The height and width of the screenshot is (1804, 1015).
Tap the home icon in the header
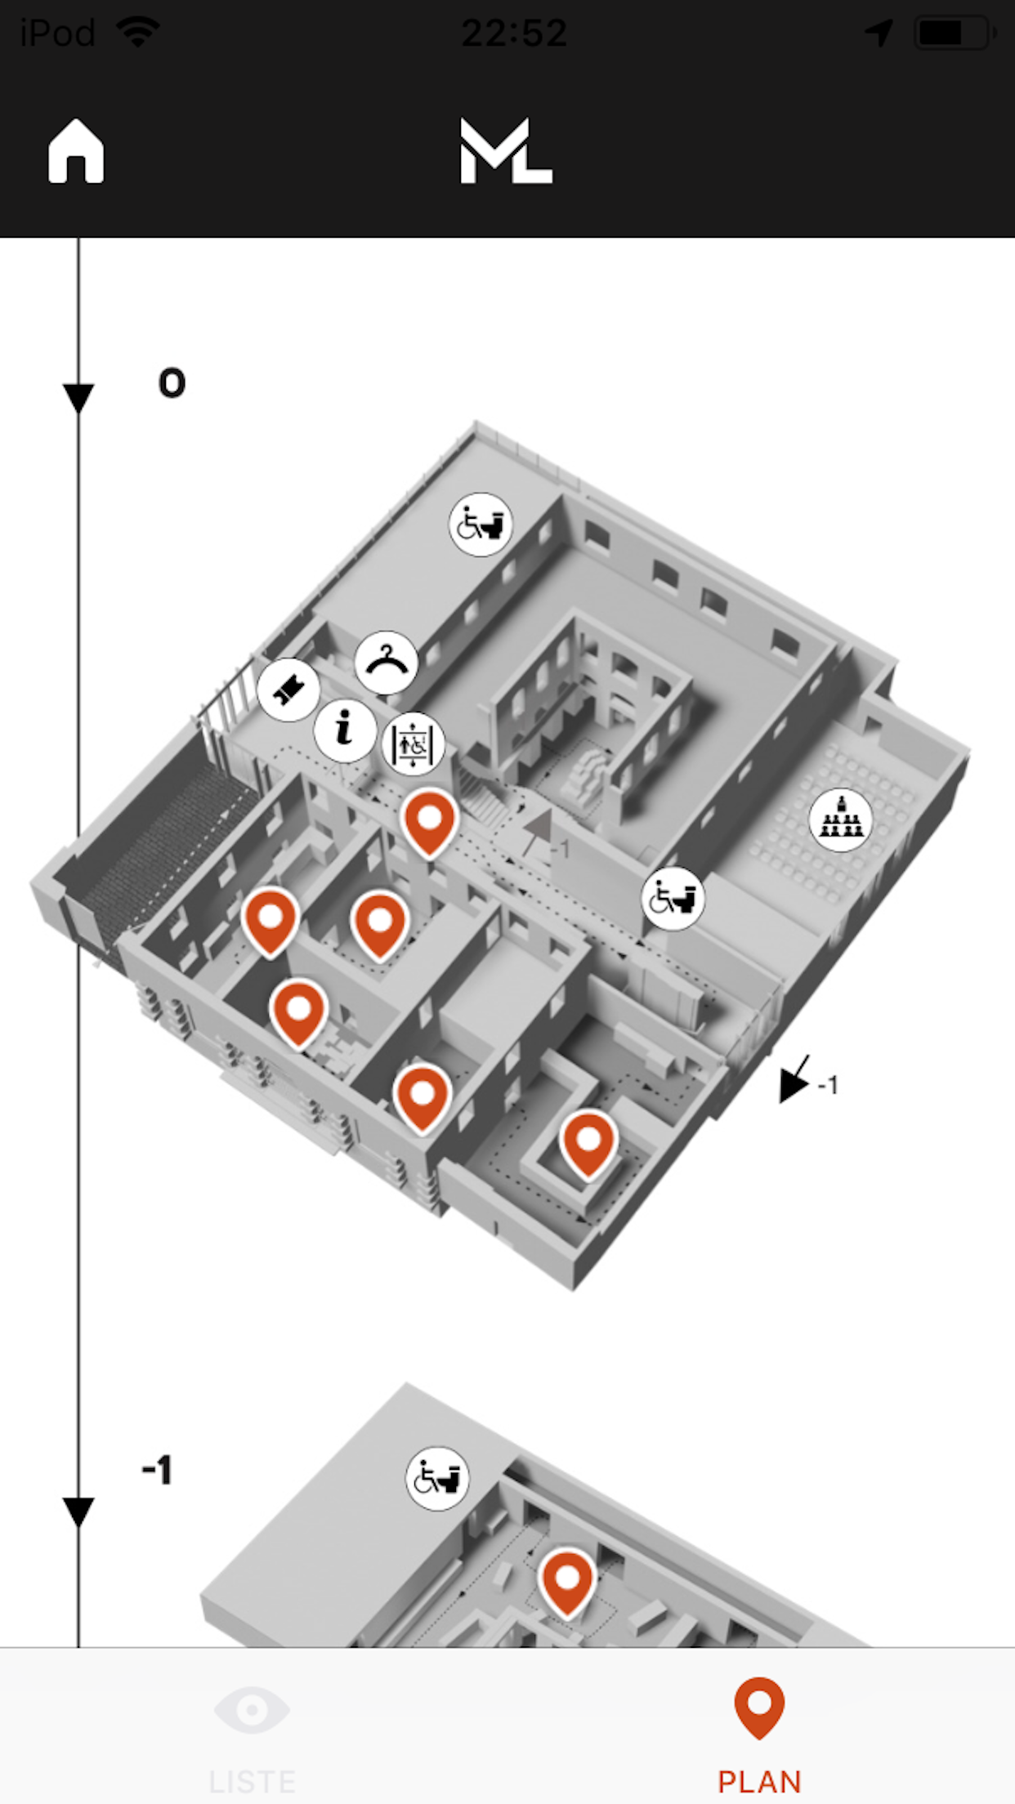pos(76,152)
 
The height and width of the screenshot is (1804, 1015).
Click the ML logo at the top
pos(506,151)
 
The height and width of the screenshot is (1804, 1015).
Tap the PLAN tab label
pos(759,1781)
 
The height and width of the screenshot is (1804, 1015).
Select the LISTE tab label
pos(252,1781)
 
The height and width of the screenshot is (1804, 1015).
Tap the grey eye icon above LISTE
pos(252,1709)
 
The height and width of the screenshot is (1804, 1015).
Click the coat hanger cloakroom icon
pos(387,663)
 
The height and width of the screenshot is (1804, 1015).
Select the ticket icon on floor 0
pos(288,690)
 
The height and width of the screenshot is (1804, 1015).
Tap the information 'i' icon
pos(345,730)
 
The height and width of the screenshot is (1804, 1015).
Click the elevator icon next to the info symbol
pos(413,744)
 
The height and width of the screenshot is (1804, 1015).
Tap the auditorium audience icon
pos(840,819)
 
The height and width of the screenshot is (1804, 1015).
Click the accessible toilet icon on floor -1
pos(438,1478)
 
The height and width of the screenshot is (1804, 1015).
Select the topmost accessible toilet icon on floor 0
pos(481,525)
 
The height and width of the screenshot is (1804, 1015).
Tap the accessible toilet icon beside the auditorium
pos(673,899)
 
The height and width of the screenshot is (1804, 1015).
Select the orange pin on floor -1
pos(567,1580)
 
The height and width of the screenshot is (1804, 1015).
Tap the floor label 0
pos(172,383)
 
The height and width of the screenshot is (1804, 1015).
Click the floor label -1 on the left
pos(157,1470)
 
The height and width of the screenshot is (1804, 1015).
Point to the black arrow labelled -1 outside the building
pos(794,1081)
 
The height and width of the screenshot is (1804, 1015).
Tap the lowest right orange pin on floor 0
pos(588,1142)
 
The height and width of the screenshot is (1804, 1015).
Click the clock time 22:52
pos(514,33)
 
